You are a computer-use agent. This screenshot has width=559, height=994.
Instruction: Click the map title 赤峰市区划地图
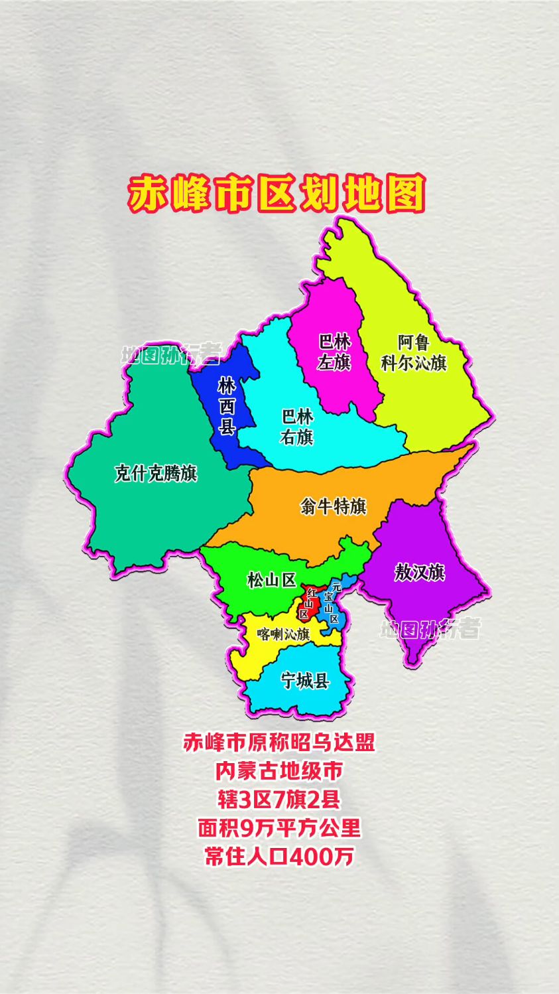click(x=277, y=194)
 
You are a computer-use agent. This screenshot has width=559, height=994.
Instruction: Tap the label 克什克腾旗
click(x=156, y=474)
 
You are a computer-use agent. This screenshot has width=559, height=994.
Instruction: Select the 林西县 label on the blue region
click(x=227, y=406)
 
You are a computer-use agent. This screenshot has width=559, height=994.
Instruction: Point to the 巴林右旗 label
click(x=297, y=427)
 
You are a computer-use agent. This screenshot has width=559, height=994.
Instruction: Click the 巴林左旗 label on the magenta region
click(x=334, y=352)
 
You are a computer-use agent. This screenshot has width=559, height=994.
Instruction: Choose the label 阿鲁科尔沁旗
click(x=414, y=352)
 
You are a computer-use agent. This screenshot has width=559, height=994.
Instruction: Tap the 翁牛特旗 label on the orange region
click(x=333, y=506)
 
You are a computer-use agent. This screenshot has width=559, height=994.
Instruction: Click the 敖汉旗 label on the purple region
click(x=419, y=572)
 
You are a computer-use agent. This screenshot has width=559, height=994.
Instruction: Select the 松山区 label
click(x=271, y=580)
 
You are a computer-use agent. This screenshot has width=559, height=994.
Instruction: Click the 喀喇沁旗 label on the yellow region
click(x=284, y=634)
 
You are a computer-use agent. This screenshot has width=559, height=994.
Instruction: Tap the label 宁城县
click(x=305, y=680)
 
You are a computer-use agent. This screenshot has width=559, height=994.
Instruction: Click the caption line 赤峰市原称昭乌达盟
click(x=279, y=742)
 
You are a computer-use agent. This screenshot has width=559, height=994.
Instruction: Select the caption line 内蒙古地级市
click(x=279, y=771)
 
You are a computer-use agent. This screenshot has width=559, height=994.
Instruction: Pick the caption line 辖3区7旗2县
click(x=279, y=800)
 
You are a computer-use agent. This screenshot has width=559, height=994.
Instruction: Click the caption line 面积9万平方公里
click(x=279, y=828)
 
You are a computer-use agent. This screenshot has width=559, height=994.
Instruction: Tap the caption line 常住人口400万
click(x=279, y=857)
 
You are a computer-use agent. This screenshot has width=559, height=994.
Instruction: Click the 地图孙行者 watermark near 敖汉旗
click(x=430, y=628)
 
